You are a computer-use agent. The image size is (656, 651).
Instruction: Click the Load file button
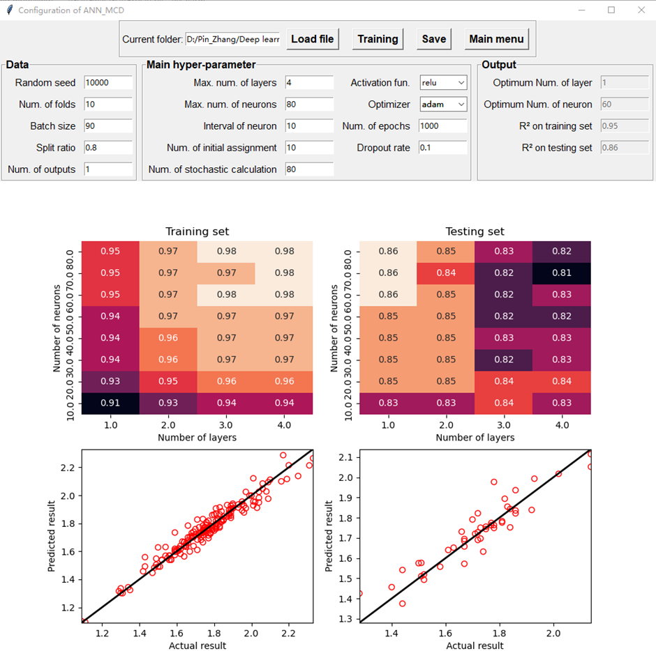click(x=312, y=39)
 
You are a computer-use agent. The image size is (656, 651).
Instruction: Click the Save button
click(x=433, y=39)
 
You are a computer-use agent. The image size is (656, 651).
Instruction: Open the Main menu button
click(x=496, y=39)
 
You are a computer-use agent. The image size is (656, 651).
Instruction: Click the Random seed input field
click(x=108, y=83)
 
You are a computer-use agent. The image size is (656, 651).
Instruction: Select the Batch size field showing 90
click(x=108, y=126)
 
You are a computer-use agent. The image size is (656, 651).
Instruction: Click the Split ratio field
click(x=108, y=148)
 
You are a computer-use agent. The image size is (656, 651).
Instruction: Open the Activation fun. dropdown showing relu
click(x=442, y=83)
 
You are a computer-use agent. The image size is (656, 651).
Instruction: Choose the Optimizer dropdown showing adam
click(x=442, y=105)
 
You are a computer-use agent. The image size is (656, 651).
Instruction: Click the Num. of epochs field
click(x=442, y=126)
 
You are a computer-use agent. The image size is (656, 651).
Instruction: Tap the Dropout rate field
click(x=442, y=148)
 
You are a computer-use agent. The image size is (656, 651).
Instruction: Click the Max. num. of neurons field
click(x=309, y=105)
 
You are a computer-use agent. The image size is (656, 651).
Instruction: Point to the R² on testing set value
click(x=615, y=148)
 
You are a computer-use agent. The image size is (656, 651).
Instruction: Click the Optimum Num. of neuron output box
click(x=615, y=105)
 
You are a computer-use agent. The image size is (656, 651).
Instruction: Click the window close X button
click(x=641, y=10)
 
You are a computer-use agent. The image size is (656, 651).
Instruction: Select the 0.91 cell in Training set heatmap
click(x=110, y=402)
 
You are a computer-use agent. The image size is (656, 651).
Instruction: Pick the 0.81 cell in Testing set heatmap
click(x=562, y=273)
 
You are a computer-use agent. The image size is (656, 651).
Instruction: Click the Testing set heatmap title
click(x=475, y=231)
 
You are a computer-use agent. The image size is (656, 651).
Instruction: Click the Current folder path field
click(x=233, y=40)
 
